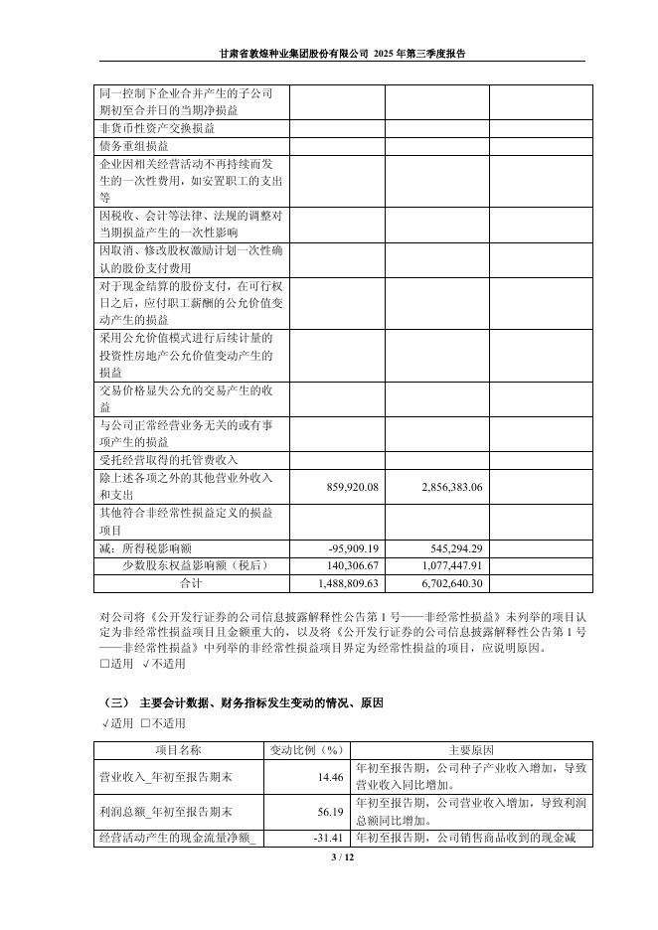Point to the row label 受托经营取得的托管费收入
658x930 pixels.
pos(169,460)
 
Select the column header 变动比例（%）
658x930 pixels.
pos(306,749)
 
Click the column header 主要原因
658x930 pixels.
pos(471,749)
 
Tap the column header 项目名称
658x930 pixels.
pos(178,749)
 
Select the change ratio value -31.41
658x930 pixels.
pos(328,840)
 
